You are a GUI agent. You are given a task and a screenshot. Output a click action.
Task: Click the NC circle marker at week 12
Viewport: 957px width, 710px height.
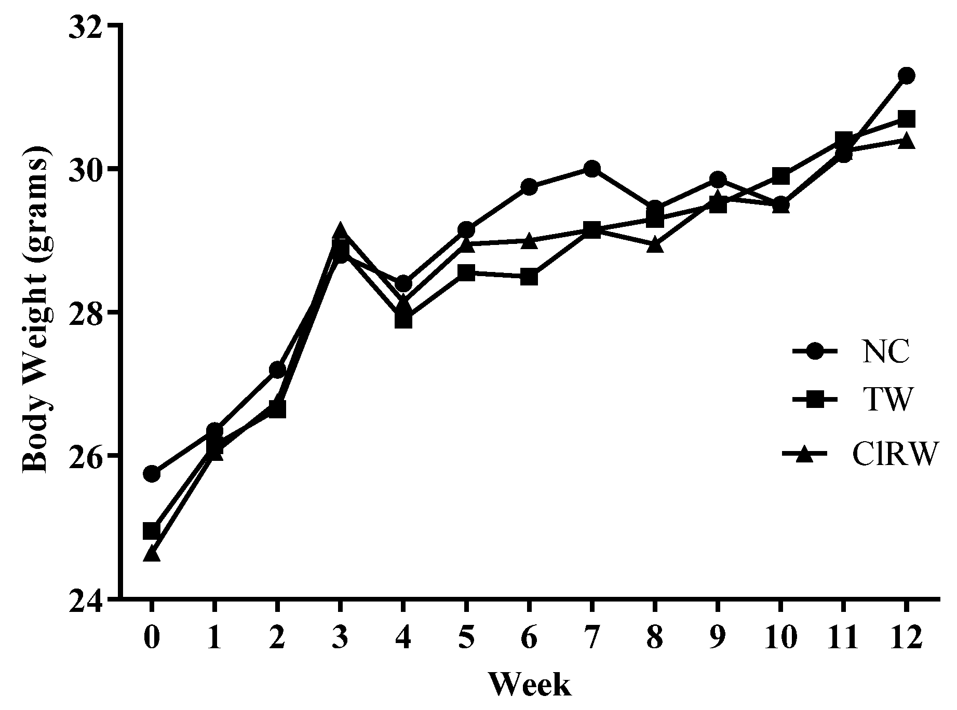(906, 76)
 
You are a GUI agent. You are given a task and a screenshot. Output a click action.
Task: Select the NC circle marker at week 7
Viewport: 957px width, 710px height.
(591, 169)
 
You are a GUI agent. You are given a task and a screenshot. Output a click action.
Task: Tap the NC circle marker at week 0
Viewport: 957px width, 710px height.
(151, 474)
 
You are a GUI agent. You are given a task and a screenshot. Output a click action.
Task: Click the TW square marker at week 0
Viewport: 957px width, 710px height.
(151, 531)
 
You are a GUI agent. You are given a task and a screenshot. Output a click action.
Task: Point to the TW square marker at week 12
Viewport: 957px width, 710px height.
(906, 119)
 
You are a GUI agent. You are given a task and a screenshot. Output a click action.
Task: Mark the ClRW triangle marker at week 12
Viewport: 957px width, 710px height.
(906, 141)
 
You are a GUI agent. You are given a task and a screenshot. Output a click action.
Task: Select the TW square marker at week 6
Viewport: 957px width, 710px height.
(529, 277)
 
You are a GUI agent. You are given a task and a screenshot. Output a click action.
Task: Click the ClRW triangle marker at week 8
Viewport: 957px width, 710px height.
(655, 244)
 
